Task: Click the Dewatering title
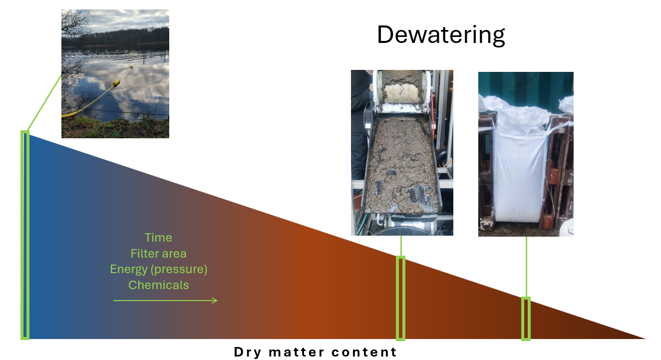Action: [x=441, y=35]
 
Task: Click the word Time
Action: [x=158, y=238]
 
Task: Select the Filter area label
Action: [x=158, y=254]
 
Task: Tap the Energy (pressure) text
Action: [x=158, y=270]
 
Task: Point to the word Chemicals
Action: [x=158, y=285]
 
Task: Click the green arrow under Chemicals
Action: [x=165, y=301]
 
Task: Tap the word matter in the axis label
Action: [x=296, y=352]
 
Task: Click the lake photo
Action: [x=115, y=74]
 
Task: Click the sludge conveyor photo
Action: [x=402, y=153]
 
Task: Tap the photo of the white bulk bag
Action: [x=526, y=154]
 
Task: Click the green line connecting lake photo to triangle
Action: [x=44, y=102]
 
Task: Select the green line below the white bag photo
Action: [x=526, y=267]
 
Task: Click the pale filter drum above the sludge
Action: [x=402, y=93]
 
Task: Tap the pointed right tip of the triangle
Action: [x=646, y=339]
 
